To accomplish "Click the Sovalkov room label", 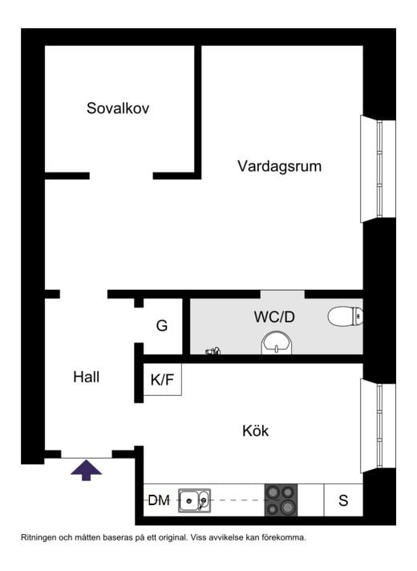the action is [118, 108].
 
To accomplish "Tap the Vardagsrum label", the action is [280, 166].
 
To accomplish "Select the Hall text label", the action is [86, 377].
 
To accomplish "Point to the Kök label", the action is [255, 430].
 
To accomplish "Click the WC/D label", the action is [274, 316].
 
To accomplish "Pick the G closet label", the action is [162, 325].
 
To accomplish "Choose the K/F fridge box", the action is [163, 379].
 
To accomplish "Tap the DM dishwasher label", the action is [159, 500].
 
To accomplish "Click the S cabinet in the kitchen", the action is [343, 500].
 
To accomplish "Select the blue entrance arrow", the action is [86, 470].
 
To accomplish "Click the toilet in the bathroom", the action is [346, 316].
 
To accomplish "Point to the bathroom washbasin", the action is [277, 343].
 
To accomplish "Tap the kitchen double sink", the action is [194, 500].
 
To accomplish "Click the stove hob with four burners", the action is [281, 500].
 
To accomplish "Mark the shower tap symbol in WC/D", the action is [213, 351].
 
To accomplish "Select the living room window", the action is [378, 169].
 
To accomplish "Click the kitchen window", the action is [378, 426].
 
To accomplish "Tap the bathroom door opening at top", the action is [282, 294].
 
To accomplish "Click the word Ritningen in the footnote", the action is [38, 537].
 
